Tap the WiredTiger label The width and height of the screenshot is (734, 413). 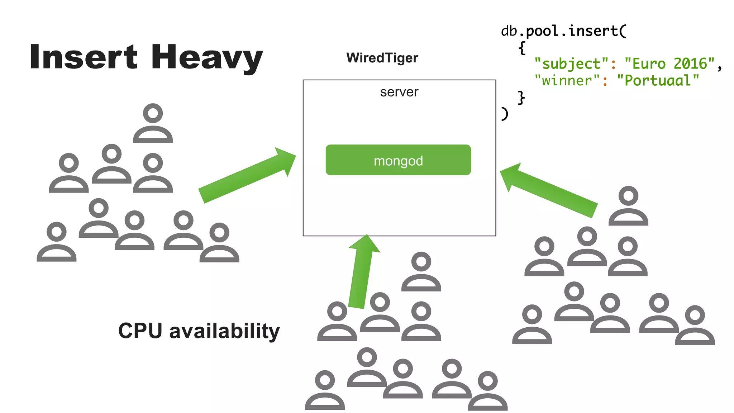click(x=382, y=58)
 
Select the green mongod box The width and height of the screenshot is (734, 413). click(x=398, y=160)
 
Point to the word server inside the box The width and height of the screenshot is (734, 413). click(x=399, y=92)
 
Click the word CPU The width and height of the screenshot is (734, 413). click(x=140, y=330)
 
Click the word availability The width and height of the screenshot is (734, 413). click(x=224, y=331)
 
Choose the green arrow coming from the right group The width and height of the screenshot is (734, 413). click(x=548, y=190)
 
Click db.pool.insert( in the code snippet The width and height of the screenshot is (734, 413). click(x=563, y=31)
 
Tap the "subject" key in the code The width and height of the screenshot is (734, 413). click(x=571, y=64)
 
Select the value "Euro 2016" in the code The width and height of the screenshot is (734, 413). click(x=669, y=64)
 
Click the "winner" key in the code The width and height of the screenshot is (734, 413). click(x=567, y=80)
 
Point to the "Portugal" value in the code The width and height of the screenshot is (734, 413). click(x=658, y=80)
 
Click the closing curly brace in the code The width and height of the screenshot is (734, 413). click(x=521, y=97)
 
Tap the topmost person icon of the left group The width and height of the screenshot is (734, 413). click(x=153, y=123)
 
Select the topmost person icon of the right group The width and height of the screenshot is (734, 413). click(x=628, y=206)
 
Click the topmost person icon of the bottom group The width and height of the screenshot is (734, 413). click(x=421, y=271)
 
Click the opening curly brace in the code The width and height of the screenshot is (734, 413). click(x=522, y=48)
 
